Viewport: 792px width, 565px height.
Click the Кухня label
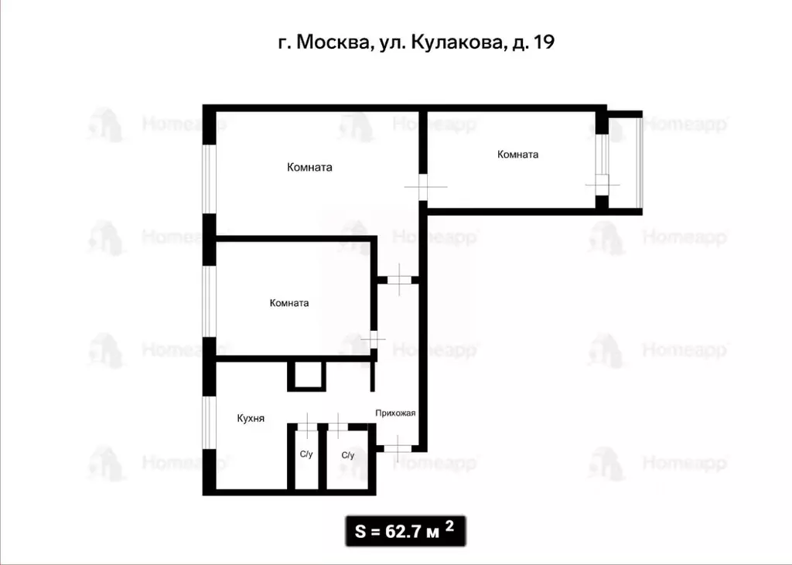tap(251, 418)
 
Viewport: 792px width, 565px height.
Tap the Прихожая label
tap(395, 413)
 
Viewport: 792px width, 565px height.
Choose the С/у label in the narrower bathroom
tap(306, 454)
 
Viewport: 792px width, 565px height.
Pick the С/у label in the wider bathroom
tap(347, 455)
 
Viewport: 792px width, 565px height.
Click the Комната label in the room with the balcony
tap(517, 155)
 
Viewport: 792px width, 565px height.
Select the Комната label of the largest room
tap(309, 167)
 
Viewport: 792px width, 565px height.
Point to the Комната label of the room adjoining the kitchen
tap(289, 303)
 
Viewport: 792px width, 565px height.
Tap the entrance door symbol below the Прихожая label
tap(397, 448)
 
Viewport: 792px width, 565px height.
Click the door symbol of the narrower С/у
tap(307, 425)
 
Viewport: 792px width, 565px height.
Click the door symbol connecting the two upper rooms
tap(423, 186)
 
